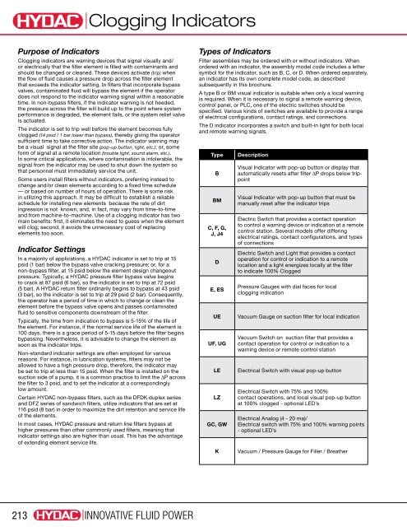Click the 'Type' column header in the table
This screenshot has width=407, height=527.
(x=218, y=154)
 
